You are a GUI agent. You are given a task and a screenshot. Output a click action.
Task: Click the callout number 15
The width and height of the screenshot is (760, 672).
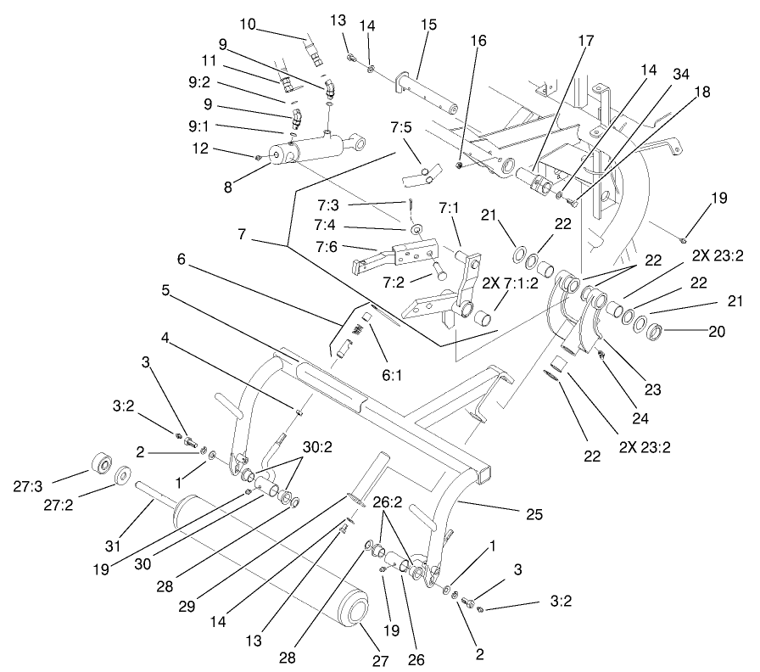pos(428,25)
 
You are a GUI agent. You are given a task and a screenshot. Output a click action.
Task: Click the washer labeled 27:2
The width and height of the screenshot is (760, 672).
pos(123,477)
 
